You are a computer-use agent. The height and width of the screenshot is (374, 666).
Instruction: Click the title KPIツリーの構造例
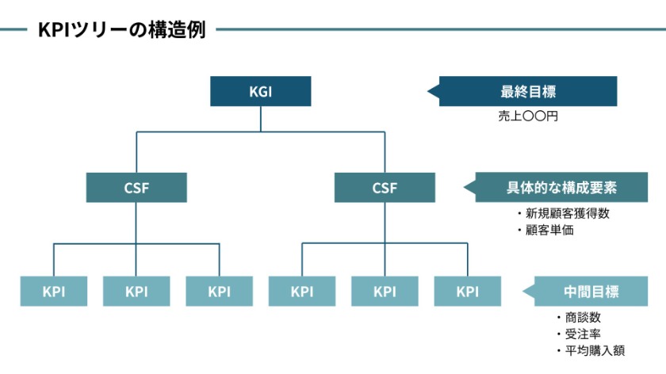click(121, 30)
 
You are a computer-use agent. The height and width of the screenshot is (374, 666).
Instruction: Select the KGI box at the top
click(260, 91)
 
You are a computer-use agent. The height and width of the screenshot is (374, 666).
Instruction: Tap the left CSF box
click(136, 188)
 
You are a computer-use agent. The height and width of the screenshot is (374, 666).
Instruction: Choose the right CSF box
click(385, 188)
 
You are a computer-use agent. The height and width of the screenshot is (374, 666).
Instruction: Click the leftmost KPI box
click(54, 291)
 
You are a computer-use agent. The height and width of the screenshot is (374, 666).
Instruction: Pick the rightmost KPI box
click(467, 291)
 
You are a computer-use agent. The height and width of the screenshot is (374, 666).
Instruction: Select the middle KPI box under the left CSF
click(136, 291)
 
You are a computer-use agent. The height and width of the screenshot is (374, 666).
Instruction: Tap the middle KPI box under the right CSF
click(385, 291)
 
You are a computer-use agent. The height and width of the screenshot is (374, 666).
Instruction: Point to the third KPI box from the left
click(219, 291)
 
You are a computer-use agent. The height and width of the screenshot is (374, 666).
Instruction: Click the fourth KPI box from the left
click(302, 291)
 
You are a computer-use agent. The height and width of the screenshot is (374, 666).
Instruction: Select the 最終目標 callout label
click(528, 91)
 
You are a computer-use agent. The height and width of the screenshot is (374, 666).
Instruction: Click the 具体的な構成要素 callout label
click(561, 188)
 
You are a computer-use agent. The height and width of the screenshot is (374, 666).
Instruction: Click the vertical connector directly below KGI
click(260, 119)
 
